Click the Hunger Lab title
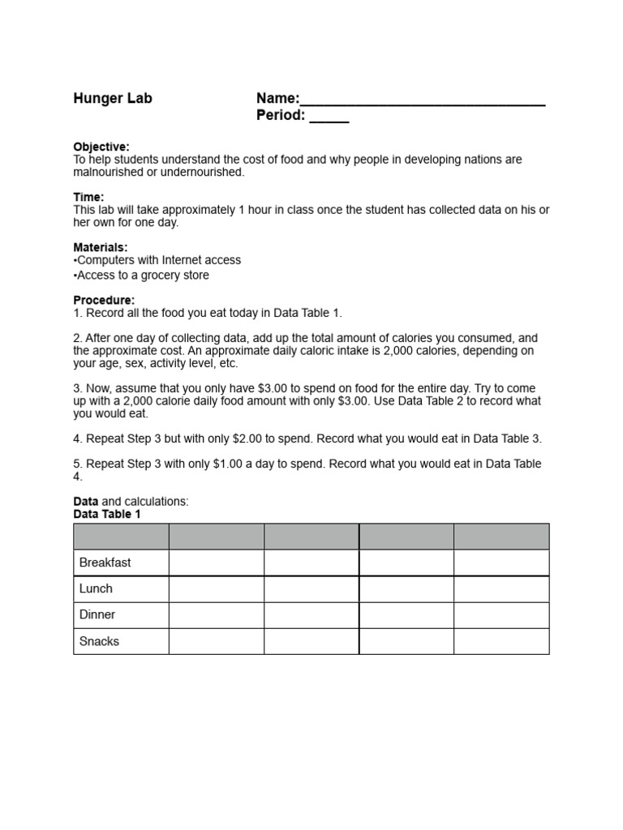tap(113, 99)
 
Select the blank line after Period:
tap(329, 118)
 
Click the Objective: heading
tap(101, 147)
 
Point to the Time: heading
tap(89, 197)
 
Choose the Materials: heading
tap(101, 247)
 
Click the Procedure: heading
tap(104, 300)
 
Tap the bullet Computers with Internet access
tap(157, 260)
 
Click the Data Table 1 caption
tap(107, 514)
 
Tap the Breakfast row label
tap(105, 563)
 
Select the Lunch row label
tap(96, 588)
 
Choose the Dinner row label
tap(97, 615)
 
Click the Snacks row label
tap(99, 641)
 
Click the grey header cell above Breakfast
tap(121, 537)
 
